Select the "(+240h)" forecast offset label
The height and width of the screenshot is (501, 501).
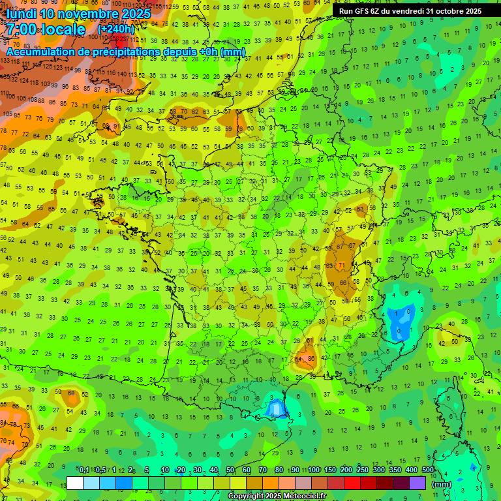[117, 29]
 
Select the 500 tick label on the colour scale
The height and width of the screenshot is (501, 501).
[428, 470]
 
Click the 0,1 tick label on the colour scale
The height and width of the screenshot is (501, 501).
[83, 470]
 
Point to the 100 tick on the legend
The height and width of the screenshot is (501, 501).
[314, 470]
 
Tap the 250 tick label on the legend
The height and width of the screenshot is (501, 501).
[363, 470]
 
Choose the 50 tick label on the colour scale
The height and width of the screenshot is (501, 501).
[230, 470]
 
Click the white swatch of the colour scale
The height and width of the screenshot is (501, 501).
[75, 483]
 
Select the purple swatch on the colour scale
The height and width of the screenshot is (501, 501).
[417, 483]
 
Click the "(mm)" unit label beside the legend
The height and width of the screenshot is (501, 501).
[442, 484]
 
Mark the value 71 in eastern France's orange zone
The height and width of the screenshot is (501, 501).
[342, 266]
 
